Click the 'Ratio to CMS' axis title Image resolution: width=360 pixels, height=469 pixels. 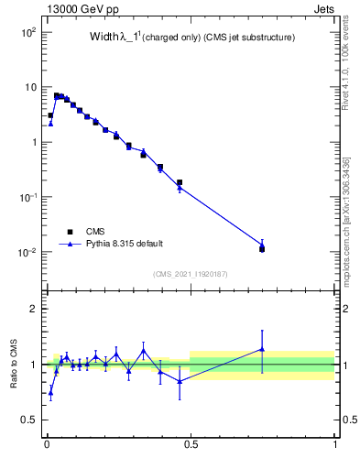tap(14, 364)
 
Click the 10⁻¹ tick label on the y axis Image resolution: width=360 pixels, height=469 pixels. tap(27, 197)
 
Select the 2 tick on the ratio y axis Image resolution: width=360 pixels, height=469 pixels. tap(33, 309)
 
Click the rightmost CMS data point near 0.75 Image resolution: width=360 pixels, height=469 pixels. tap(262, 248)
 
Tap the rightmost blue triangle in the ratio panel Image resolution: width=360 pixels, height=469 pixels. tap(262, 349)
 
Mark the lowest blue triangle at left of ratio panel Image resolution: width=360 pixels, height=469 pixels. tap(50, 392)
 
